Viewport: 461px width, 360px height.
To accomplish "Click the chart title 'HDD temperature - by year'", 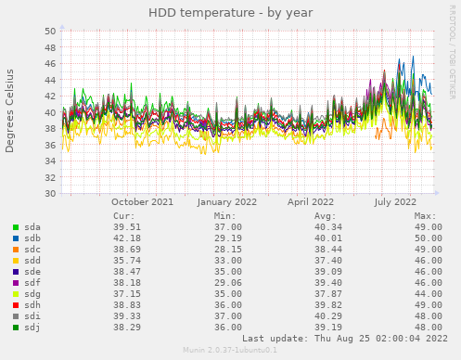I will pos(230,13).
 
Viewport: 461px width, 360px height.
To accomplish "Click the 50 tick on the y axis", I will pos(49,31).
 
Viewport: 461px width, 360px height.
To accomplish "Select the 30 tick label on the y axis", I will pos(49,194).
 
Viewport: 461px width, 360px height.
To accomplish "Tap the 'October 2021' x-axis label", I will pos(142,201).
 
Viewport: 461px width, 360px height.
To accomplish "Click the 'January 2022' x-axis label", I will pos(227,201).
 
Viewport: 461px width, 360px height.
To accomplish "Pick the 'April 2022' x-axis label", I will pos(311,201).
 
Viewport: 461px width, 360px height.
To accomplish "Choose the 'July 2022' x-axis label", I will pos(396,201).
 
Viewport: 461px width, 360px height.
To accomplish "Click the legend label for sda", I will pos(32,226).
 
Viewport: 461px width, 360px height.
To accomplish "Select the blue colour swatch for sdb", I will pos(16,238).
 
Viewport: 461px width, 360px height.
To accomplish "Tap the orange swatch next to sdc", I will pos(16,249).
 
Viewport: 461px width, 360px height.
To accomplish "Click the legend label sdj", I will pos(32,327).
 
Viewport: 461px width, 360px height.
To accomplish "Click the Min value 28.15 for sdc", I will pos(228,249).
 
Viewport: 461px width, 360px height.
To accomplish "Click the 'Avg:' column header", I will pos(324,215).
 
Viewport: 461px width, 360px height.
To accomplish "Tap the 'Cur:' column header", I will pos(123,215).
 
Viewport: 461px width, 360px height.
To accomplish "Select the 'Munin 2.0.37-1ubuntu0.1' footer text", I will pos(230,350).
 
